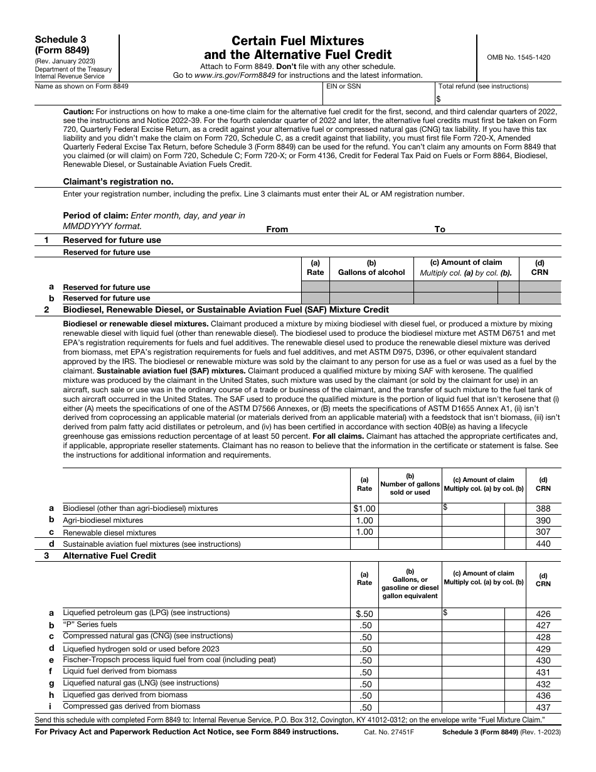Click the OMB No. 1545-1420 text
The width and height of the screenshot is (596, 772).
tap(518, 57)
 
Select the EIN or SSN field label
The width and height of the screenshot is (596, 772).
tap(343, 87)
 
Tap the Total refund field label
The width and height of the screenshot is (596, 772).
tap(483, 87)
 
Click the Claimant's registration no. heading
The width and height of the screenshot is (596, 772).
tap(118, 181)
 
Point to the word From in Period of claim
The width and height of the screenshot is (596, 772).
tap(277, 229)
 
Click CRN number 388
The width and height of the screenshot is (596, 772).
tap(543, 509)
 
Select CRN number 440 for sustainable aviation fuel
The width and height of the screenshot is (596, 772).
tap(543, 544)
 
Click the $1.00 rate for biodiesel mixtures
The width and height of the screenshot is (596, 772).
tap(364, 509)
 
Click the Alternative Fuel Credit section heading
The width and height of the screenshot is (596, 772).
tap(109, 555)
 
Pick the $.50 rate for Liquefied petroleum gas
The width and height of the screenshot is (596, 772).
tap(364, 614)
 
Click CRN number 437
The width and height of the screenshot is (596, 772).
tap(543, 707)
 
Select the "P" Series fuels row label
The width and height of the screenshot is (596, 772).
tap(90, 625)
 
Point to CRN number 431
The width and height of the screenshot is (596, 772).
tap(543, 672)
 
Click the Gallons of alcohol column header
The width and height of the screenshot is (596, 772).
tap(371, 272)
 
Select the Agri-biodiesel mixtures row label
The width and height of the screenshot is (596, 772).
tap(103, 520)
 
